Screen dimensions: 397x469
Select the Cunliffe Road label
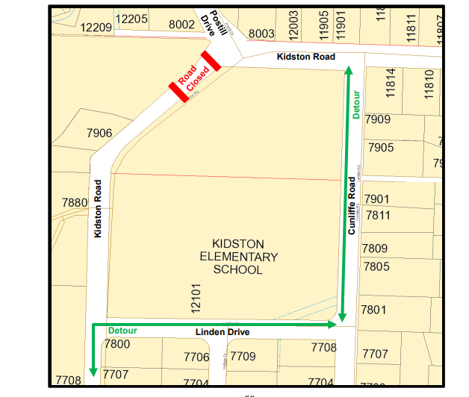(352, 207)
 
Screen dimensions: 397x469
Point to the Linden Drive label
(223, 332)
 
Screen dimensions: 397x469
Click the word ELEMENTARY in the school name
(237, 257)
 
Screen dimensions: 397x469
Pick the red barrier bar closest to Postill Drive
(210, 60)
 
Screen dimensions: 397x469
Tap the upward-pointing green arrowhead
(348, 72)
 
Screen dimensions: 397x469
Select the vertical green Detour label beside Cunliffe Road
(356, 105)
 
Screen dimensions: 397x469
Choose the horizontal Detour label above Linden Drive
(122, 330)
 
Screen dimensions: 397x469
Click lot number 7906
(99, 133)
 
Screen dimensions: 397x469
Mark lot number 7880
(75, 202)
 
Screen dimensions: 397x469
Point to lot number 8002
(182, 25)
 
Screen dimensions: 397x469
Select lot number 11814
(390, 83)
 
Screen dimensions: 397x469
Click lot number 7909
(379, 119)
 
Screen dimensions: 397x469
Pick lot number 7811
(377, 215)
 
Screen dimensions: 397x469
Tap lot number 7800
(117, 344)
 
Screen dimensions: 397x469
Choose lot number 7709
(243, 357)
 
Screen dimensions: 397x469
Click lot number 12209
(96, 28)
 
